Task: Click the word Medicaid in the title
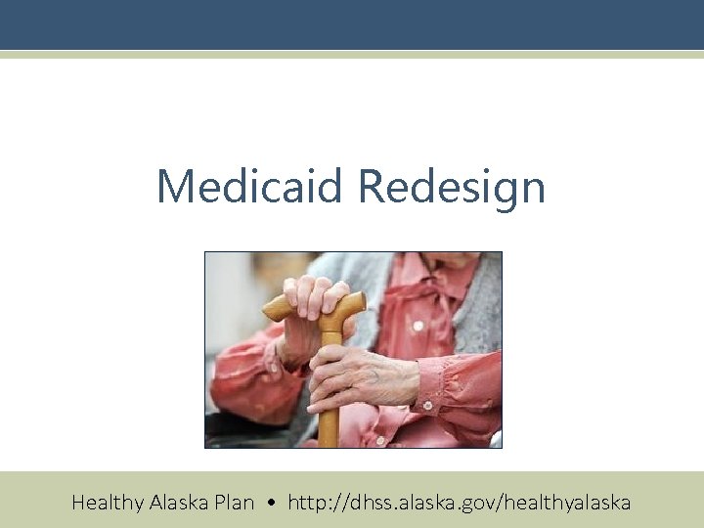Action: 251,186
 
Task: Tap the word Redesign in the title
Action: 452,186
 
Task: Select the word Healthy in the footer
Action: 108,503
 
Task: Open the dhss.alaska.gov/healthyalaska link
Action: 455,503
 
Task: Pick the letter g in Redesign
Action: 500,191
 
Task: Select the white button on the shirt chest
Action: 418,325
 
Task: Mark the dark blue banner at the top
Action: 352,24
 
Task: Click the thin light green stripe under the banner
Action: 352,55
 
